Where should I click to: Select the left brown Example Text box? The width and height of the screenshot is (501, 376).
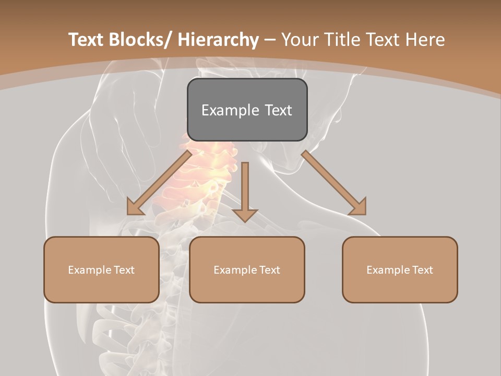(x=101, y=269)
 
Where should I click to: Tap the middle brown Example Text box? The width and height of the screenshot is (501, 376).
(x=247, y=269)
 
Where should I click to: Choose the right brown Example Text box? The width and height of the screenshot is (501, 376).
(x=400, y=269)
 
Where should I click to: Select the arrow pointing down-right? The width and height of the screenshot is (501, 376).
(x=334, y=183)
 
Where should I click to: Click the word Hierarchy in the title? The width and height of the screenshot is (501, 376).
(x=218, y=40)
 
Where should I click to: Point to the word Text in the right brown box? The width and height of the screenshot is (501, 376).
(x=421, y=270)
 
